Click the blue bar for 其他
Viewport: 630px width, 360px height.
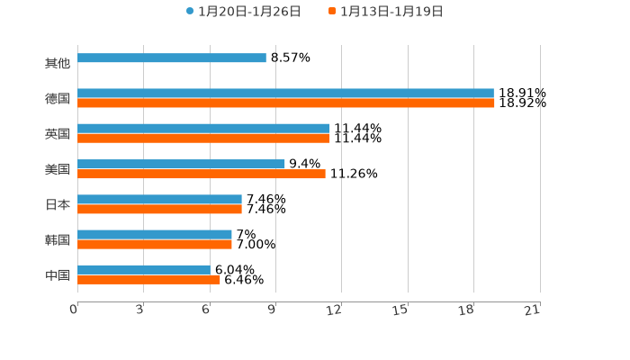tap(172, 58)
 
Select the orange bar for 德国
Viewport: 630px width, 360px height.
tap(286, 103)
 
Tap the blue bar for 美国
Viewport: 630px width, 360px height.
tap(181, 164)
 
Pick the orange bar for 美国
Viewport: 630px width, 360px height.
tap(202, 174)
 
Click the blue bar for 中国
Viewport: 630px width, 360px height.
tap(144, 269)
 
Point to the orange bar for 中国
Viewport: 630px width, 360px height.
tap(148, 280)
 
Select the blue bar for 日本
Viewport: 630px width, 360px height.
tap(159, 199)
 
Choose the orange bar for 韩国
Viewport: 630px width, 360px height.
tap(155, 244)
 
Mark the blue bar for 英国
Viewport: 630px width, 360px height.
tap(203, 129)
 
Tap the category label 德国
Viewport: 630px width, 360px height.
tap(58, 98)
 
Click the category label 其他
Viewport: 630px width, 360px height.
tap(58, 63)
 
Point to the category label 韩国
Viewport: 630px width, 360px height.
tap(58, 239)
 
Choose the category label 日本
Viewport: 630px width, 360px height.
tap(58, 204)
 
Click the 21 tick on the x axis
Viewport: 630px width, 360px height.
tap(533, 310)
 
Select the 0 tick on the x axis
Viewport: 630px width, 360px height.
tap(74, 310)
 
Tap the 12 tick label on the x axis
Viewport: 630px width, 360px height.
tap(335, 310)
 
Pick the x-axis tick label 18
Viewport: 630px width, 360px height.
tap(466, 310)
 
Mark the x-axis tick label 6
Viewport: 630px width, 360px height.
tap(206, 310)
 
